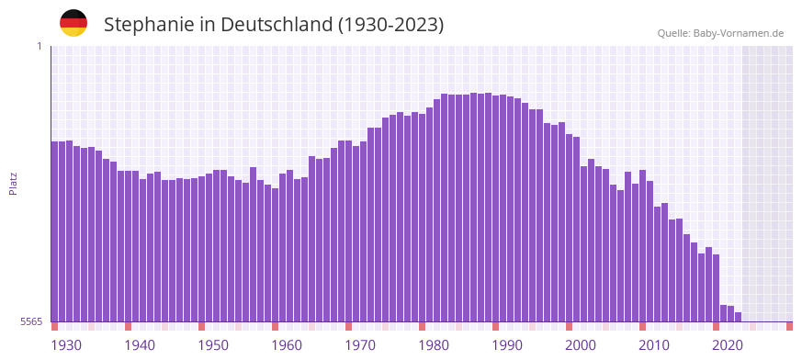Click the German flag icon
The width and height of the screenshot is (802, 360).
[73, 23]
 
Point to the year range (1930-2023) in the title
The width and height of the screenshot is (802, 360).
[390, 25]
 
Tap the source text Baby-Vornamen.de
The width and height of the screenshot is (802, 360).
[739, 33]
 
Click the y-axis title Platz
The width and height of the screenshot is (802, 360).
[13, 183]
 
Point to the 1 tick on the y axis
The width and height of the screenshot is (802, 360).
[39, 46]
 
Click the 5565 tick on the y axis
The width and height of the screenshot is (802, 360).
[30, 321]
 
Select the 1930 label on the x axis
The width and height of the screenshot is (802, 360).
[66, 345]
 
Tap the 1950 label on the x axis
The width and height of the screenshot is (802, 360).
[213, 345]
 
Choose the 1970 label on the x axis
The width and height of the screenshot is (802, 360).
[360, 345]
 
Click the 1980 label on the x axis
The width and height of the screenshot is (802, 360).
[434, 345]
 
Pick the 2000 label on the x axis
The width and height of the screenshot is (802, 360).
[581, 345]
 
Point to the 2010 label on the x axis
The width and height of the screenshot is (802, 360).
[654, 345]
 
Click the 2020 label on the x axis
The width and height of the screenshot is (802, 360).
[728, 345]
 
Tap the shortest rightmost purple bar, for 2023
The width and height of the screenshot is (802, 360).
[738, 317]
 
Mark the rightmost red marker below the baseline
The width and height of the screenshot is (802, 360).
[789, 326]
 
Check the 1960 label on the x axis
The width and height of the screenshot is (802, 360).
[287, 345]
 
